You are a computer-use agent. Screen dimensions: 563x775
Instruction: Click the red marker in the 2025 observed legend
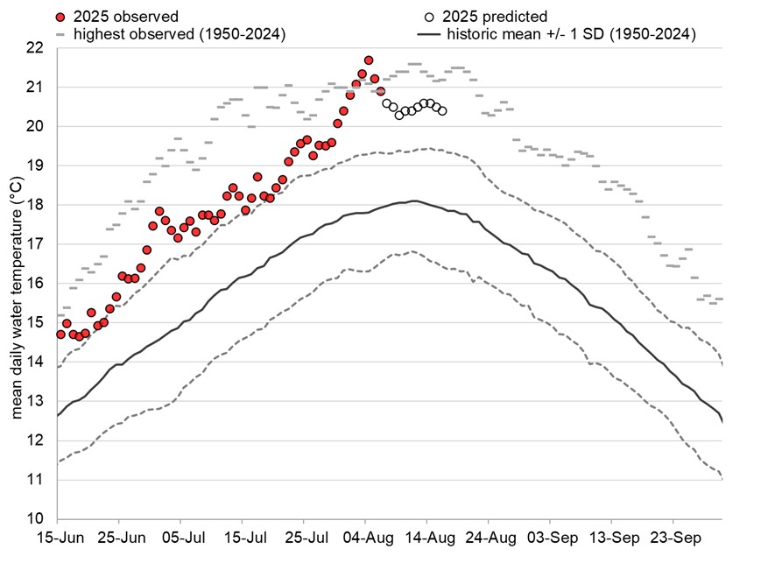point(60,17)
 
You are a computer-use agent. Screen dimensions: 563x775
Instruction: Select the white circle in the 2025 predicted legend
point(429,17)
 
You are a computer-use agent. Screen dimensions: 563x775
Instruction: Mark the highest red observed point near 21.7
point(369,60)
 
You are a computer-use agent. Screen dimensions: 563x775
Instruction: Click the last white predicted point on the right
point(442,111)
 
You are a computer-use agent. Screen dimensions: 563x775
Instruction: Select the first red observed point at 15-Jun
point(60,334)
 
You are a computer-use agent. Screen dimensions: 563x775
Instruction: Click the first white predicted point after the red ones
point(387,103)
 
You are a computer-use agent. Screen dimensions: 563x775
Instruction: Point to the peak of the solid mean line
point(412,201)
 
